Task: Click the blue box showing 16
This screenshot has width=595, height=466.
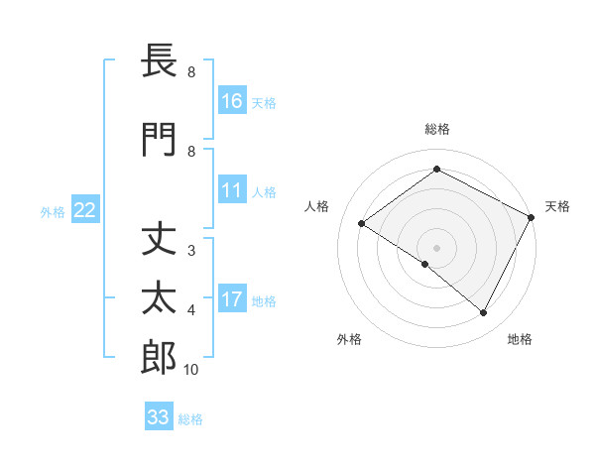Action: tap(232, 100)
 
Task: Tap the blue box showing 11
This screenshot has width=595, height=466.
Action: tap(232, 191)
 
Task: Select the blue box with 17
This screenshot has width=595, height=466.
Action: tap(232, 299)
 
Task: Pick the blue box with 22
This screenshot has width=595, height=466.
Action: tap(85, 210)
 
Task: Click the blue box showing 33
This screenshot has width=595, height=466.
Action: tap(158, 417)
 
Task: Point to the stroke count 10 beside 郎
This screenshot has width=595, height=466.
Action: tap(191, 370)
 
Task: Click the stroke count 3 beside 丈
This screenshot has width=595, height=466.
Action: tap(191, 251)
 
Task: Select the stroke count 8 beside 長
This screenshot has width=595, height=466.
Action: tap(191, 72)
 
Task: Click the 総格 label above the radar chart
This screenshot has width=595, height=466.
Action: tap(436, 129)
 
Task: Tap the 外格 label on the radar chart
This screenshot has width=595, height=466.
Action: tap(349, 339)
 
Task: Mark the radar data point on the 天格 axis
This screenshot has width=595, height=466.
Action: tap(532, 216)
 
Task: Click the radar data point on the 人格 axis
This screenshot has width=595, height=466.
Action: tap(362, 223)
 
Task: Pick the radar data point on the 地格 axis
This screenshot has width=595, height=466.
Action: tap(484, 313)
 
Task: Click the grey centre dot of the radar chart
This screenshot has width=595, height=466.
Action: tap(436, 247)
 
